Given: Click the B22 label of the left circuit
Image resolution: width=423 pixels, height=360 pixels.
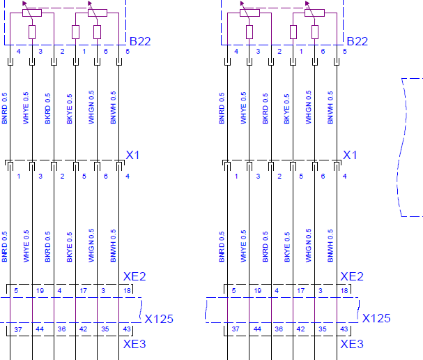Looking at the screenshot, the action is tap(140, 41).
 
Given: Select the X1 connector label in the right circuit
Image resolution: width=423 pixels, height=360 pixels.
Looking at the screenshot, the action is tap(350, 155).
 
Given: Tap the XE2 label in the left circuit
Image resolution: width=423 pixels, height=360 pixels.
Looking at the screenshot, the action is tap(134, 276).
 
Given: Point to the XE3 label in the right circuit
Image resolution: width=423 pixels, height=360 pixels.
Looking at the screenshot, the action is tap(352, 344).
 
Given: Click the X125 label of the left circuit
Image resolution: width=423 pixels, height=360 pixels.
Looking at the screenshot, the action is tap(159, 319).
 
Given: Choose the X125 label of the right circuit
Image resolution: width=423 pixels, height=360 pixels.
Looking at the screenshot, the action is tap(376, 318).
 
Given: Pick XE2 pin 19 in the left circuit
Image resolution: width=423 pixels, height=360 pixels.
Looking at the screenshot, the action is tap(40, 291).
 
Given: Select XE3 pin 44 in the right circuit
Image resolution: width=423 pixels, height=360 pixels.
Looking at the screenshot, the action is tap(257, 329).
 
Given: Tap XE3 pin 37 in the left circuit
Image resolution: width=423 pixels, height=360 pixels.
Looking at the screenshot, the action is tap(18, 329).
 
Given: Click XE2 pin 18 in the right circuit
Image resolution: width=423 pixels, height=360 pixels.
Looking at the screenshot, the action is tap(344, 291).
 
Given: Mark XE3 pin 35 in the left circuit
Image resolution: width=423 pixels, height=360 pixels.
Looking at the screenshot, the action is tap(105, 329).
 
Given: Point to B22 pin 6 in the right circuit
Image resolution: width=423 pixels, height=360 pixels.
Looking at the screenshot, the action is tap(323, 52).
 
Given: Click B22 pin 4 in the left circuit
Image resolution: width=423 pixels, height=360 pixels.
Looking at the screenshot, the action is tap(19, 52).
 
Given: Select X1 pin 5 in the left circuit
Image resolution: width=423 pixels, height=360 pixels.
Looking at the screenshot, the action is tap(84, 177).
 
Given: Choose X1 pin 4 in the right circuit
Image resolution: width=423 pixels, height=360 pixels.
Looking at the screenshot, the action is tap(344, 177).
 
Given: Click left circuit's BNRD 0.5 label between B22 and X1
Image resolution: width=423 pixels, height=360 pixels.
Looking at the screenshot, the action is tap(4, 108).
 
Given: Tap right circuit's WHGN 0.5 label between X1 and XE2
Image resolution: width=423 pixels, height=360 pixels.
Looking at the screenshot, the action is tap(308, 245).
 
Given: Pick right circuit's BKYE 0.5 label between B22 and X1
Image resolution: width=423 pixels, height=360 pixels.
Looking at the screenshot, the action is tap(286, 109).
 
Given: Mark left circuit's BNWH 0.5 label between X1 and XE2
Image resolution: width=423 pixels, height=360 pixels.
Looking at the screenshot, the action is tap(113, 246).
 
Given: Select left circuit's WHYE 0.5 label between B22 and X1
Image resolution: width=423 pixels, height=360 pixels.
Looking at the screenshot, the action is tap(26, 108).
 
